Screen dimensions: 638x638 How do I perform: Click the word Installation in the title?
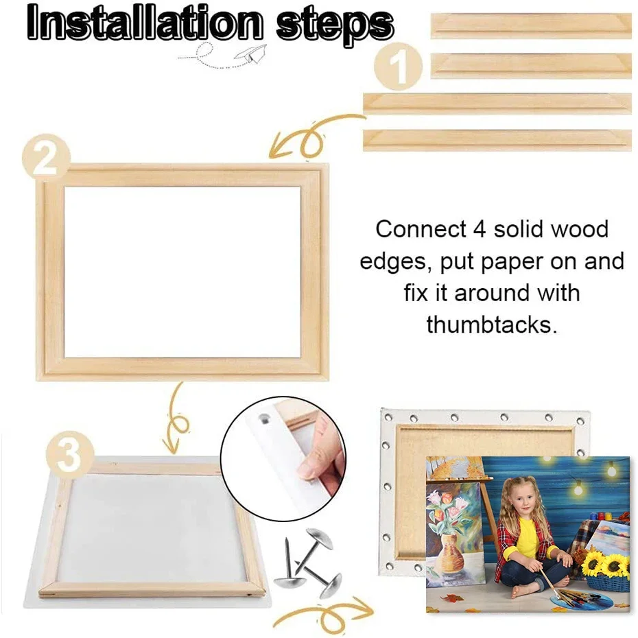145,23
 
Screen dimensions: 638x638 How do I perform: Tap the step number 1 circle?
397,66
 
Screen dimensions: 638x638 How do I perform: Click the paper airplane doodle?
248,56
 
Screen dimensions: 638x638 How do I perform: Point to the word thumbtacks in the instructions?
491,324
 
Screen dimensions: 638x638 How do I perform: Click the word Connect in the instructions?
421,229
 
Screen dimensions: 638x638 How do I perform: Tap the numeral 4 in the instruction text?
480,230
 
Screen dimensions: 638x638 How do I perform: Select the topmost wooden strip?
531,26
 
